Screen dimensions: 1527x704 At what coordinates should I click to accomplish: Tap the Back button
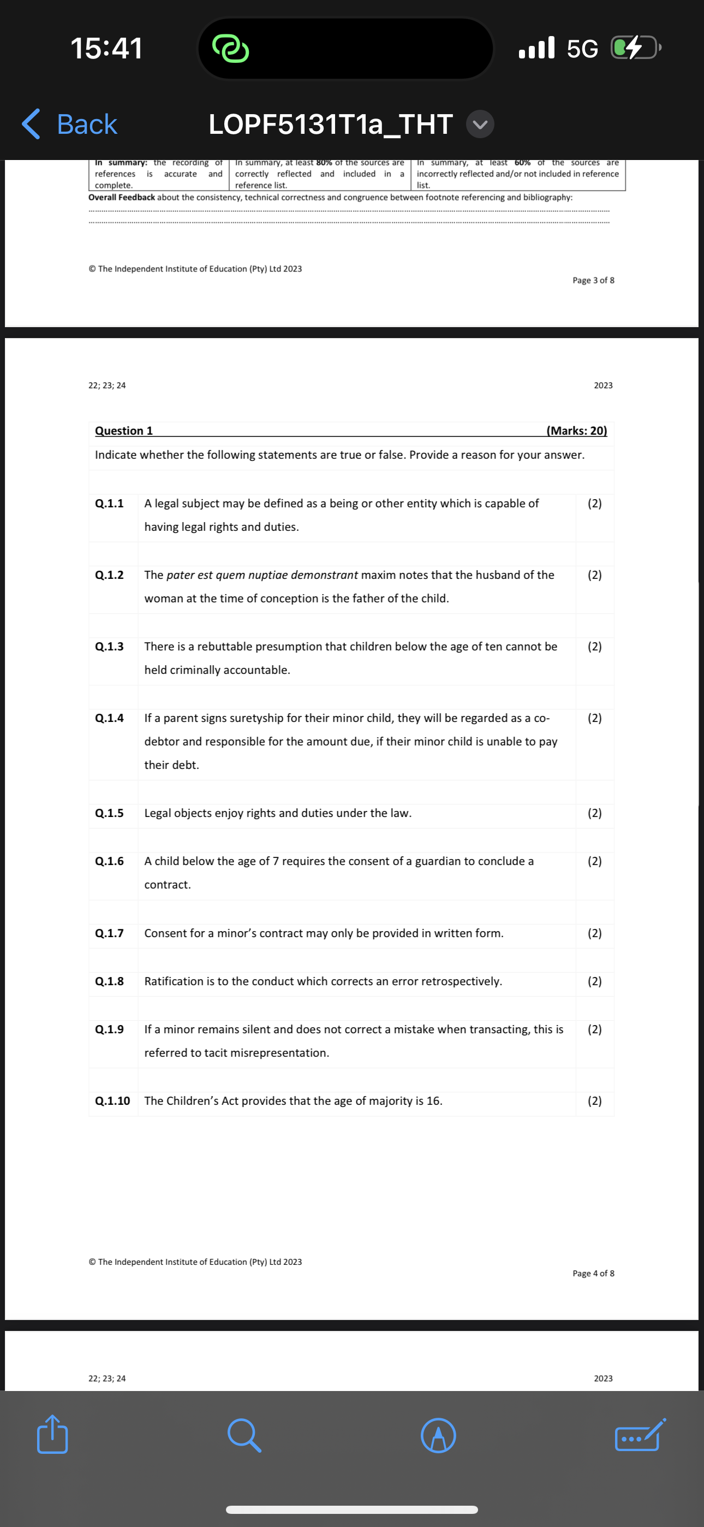[x=70, y=125]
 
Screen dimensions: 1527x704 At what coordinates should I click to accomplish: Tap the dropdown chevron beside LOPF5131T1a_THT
[x=480, y=125]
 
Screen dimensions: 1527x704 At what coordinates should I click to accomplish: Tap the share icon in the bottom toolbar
[x=52, y=1435]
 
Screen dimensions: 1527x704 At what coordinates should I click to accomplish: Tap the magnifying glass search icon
[x=243, y=1435]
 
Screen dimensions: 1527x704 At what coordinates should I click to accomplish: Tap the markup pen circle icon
[x=438, y=1435]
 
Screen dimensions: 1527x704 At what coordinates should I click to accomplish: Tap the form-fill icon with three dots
[x=640, y=1435]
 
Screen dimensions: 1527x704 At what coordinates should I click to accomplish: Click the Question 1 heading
[x=124, y=431]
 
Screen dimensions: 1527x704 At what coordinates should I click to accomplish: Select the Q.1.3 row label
[x=110, y=647]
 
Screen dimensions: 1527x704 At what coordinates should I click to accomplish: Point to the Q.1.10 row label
[x=112, y=1101]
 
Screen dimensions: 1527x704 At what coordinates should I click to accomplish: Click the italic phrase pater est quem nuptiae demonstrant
[x=262, y=575]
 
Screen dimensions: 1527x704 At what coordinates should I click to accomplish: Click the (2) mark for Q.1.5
[x=594, y=813]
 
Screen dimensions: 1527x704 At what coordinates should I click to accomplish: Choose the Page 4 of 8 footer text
[x=593, y=1273]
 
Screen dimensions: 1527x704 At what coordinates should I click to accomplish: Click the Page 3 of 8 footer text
[x=593, y=280]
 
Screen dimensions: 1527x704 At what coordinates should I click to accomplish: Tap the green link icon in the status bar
[x=230, y=48]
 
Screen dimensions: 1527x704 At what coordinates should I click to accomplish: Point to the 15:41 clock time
[x=106, y=48]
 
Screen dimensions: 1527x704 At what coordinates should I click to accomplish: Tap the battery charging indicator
[x=635, y=48]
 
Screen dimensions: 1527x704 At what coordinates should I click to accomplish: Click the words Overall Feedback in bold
[x=122, y=197]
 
